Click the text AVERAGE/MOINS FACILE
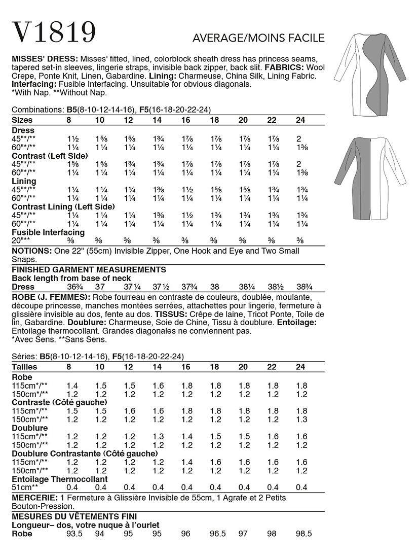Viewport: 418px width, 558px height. click(258, 38)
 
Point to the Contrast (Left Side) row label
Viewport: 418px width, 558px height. click(50, 155)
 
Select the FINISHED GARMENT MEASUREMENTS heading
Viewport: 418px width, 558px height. click(89, 270)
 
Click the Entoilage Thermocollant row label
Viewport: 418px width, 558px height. click(59, 479)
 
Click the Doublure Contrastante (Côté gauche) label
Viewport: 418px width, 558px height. click(84, 453)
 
